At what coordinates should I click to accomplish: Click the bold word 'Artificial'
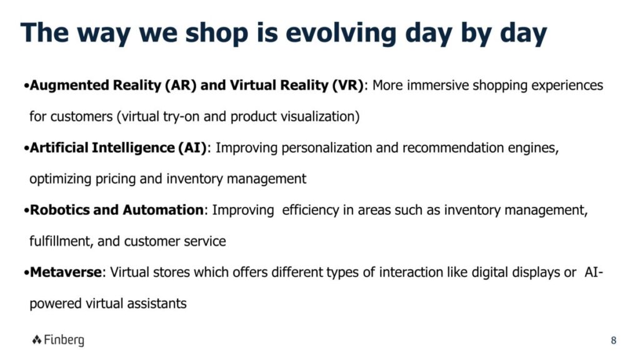click(59, 147)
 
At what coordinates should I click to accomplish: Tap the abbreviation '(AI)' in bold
click(192, 147)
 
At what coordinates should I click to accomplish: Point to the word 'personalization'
click(326, 147)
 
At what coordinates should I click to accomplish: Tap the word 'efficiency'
click(310, 210)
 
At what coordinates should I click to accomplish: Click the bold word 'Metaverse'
click(66, 272)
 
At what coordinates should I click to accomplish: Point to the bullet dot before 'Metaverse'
click(26, 273)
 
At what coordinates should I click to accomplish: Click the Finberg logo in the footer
click(58, 340)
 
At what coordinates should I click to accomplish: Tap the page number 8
click(614, 341)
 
